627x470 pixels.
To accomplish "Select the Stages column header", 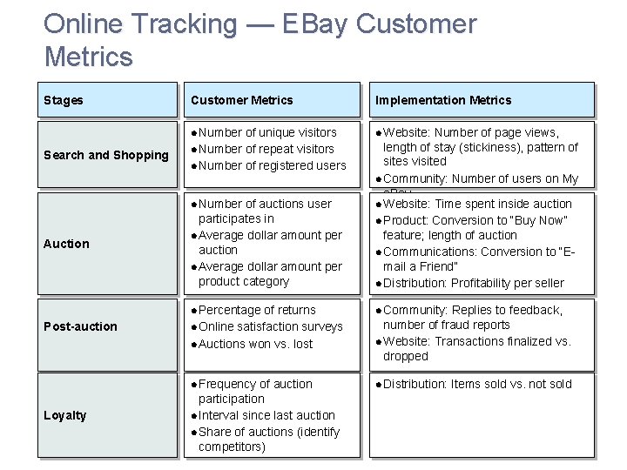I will (x=64, y=100).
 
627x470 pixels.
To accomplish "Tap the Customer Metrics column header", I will (x=242, y=100).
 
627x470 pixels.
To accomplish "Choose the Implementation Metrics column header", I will (x=443, y=100).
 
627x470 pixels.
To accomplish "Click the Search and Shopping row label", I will (x=106, y=155).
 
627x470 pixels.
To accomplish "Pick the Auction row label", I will (x=66, y=244).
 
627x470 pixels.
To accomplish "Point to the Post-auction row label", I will (x=80, y=326).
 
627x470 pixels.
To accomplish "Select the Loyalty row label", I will (x=65, y=415).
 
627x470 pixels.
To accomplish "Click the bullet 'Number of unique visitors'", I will (x=267, y=132).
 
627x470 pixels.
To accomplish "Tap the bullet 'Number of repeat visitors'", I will (x=266, y=149).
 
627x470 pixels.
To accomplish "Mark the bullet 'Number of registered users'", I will (x=272, y=165).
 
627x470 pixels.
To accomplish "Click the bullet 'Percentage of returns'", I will (x=257, y=310).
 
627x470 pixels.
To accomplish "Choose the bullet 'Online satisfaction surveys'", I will (x=271, y=326).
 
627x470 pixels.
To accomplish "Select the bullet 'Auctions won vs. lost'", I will (x=255, y=344).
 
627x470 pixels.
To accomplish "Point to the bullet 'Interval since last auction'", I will (x=266, y=415).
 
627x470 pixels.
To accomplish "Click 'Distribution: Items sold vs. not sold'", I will (x=477, y=384).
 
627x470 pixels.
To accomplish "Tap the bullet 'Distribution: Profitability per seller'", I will (x=474, y=283).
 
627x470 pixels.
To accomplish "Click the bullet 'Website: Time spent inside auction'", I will (x=477, y=204).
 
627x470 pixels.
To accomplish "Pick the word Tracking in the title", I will (x=183, y=24).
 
